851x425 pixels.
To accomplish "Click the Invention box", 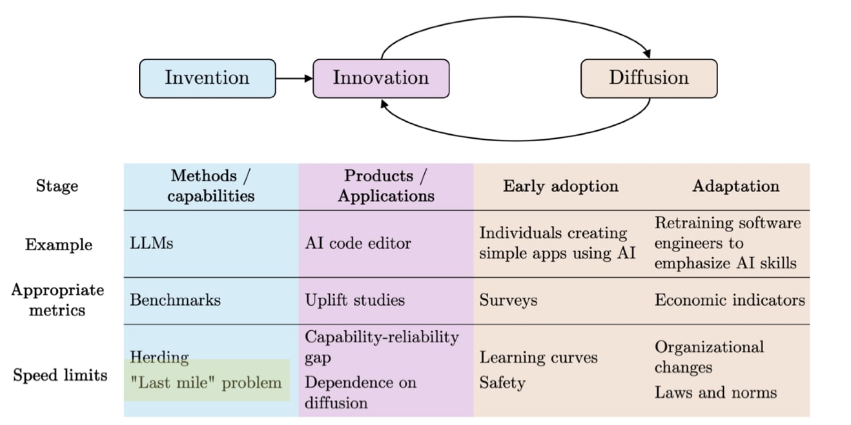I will click(207, 78).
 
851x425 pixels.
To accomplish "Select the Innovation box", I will click(381, 78).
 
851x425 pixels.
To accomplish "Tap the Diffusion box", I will click(649, 78).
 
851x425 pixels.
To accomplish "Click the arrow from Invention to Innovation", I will click(294, 79).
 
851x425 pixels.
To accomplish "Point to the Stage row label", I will click(57, 186).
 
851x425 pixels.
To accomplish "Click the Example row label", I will click(59, 244).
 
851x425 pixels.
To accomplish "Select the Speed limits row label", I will click(60, 375).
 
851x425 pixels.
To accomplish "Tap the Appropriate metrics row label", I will click(57, 300).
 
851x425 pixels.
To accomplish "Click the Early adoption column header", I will click(560, 186).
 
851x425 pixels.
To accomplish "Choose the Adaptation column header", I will click(735, 186).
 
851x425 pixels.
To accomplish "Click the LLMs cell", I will click(152, 244).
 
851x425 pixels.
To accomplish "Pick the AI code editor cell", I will click(358, 244).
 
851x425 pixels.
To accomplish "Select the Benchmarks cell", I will click(175, 300).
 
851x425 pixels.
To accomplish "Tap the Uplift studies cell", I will click(354, 300).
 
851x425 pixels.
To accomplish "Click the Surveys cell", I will click(508, 300).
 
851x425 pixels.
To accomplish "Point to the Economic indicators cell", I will click(730, 300).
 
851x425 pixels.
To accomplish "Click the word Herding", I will click(159, 357).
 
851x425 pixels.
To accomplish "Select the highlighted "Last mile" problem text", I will click(206, 382).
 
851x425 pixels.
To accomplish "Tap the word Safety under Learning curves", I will click(502, 382).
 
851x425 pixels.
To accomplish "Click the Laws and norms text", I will click(715, 392).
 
